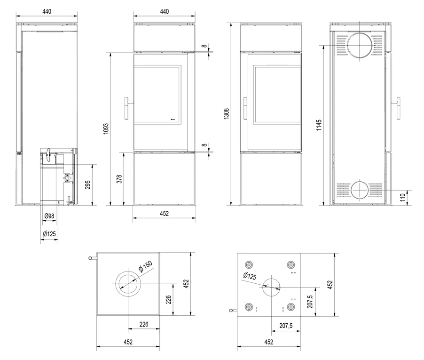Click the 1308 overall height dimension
click(227, 113)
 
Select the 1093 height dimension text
click(106, 128)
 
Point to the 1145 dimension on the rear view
click(319, 125)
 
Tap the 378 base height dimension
click(119, 179)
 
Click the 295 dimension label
click(87, 184)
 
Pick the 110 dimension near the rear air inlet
click(403, 197)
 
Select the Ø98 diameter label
click(49, 216)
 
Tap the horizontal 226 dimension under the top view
click(144, 324)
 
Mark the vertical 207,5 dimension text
click(310, 302)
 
